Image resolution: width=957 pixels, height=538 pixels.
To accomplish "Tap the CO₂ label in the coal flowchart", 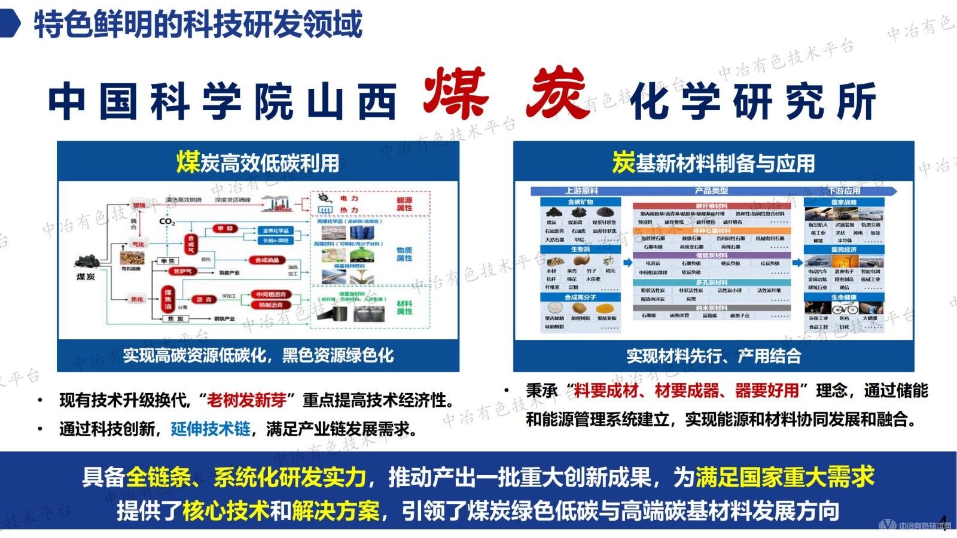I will [167, 222].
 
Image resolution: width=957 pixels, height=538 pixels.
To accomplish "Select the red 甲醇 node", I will [225, 229].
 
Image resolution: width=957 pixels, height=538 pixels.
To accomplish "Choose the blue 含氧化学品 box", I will [276, 230].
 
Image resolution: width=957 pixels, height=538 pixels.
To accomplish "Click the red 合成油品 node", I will [267, 260].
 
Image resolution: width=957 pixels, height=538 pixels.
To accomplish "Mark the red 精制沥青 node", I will [271, 305].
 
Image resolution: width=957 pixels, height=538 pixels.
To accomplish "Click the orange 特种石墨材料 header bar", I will [711, 230].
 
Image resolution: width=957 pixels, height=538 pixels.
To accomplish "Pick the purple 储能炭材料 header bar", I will [711, 256].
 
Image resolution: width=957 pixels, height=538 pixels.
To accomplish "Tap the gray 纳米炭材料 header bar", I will [711, 308].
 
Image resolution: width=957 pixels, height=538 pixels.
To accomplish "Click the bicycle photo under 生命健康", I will [844, 309].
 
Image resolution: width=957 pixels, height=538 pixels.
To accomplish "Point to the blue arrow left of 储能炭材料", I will [627, 262].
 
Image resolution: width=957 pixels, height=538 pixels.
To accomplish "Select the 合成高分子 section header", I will [580, 297].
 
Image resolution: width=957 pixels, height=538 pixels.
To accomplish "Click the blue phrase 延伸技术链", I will [211, 428].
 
